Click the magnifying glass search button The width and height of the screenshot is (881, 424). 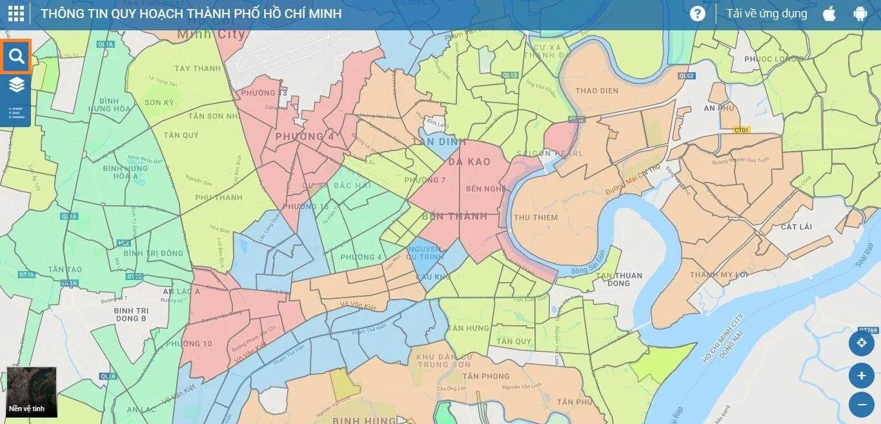click(x=16, y=57)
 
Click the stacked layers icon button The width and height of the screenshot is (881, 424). click(x=16, y=85)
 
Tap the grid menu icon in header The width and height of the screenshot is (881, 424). click(x=15, y=14)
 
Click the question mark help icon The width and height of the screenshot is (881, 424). click(x=697, y=14)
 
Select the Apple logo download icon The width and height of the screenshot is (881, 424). click(x=829, y=14)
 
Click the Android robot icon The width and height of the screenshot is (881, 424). click(x=860, y=14)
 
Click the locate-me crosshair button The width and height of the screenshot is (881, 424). click(x=861, y=343)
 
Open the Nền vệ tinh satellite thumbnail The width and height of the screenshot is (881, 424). click(x=32, y=392)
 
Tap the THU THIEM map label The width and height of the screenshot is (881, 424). click(x=535, y=217)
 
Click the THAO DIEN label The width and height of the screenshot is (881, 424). click(x=596, y=91)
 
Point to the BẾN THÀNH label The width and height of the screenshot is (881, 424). click(x=454, y=216)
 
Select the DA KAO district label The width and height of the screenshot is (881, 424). click(x=469, y=162)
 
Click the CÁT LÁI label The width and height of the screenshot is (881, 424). click(x=796, y=227)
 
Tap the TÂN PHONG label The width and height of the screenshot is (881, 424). click(x=486, y=376)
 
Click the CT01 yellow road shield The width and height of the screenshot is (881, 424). click(x=741, y=130)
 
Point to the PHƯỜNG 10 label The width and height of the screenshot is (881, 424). click(x=188, y=344)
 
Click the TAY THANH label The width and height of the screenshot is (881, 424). click(x=197, y=68)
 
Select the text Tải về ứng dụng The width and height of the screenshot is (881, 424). click(x=766, y=14)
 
